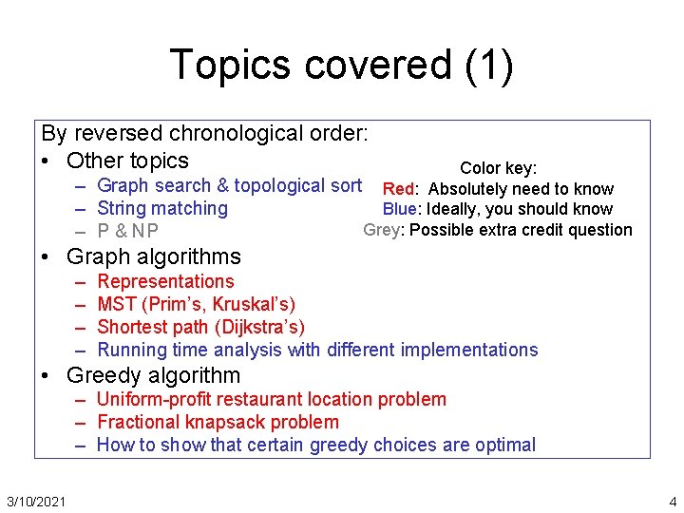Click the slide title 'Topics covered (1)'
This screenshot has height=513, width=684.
(341, 65)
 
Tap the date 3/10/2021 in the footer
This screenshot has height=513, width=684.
(35, 501)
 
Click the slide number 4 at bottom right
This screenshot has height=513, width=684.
(672, 501)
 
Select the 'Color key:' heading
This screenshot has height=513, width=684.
(498, 168)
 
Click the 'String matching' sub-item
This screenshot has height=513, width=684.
(162, 208)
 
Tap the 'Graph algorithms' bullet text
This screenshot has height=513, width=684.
(154, 256)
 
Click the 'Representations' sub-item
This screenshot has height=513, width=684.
(165, 281)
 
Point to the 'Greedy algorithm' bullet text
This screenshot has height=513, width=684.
(154, 375)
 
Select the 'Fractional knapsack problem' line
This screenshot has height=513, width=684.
(218, 422)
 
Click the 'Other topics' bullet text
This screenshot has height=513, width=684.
(128, 161)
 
